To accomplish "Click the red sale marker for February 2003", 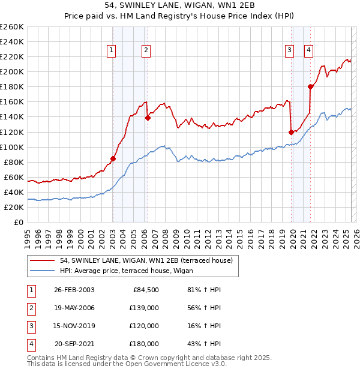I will [x=113, y=158].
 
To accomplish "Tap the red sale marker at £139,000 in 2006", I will [x=147, y=118].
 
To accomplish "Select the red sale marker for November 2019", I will [x=291, y=132].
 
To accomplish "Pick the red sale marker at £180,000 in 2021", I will [x=310, y=86].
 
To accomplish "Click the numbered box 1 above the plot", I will [x=112, y=50].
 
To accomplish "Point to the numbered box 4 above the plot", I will [x=308, y=50].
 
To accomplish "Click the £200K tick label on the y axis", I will [x=11, y=71].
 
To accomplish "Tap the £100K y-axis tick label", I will [x=11, y=147].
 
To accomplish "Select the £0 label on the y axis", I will [x=18, y=223].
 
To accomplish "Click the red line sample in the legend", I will [x=43, y=260].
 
